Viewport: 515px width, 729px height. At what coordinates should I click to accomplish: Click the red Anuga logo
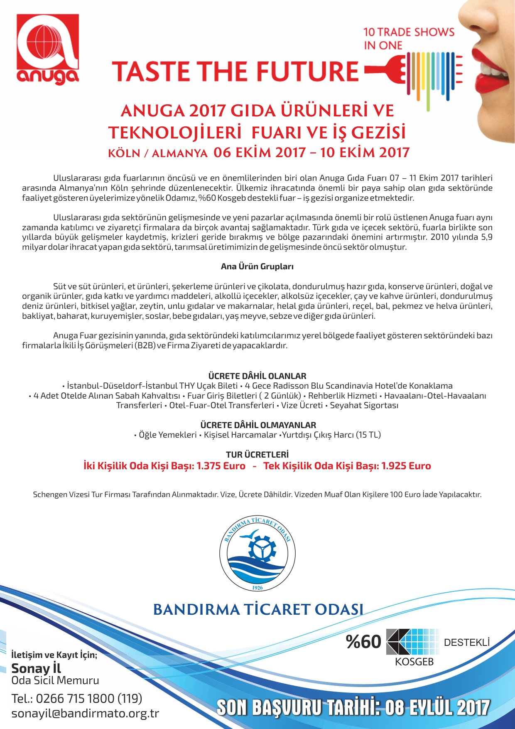coord(48,49)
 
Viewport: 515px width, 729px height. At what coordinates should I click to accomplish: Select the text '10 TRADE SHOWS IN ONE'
coord(409,38)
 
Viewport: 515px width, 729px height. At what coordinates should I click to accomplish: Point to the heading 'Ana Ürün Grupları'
coord(257,267)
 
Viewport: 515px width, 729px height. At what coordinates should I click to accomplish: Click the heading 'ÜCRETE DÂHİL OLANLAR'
coord(257,376)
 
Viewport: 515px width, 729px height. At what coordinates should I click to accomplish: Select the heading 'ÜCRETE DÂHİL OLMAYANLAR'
coord(258,425)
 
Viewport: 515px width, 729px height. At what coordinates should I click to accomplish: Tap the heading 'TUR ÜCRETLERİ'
coord(257,455)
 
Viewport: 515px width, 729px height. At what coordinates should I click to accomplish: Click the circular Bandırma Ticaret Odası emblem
coord(257,554)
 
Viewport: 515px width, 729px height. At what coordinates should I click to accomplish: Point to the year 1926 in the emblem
coord(257,588)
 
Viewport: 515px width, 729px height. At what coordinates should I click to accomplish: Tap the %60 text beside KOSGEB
coord(363,642)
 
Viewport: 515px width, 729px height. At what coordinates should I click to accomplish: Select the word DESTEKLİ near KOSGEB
coord(467,643)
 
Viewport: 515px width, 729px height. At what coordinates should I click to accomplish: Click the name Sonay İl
coord(36,668)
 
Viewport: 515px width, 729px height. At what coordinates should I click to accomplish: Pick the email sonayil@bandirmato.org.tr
coord(85,714)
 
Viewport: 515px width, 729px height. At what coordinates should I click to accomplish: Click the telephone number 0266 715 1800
coord(75,699)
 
